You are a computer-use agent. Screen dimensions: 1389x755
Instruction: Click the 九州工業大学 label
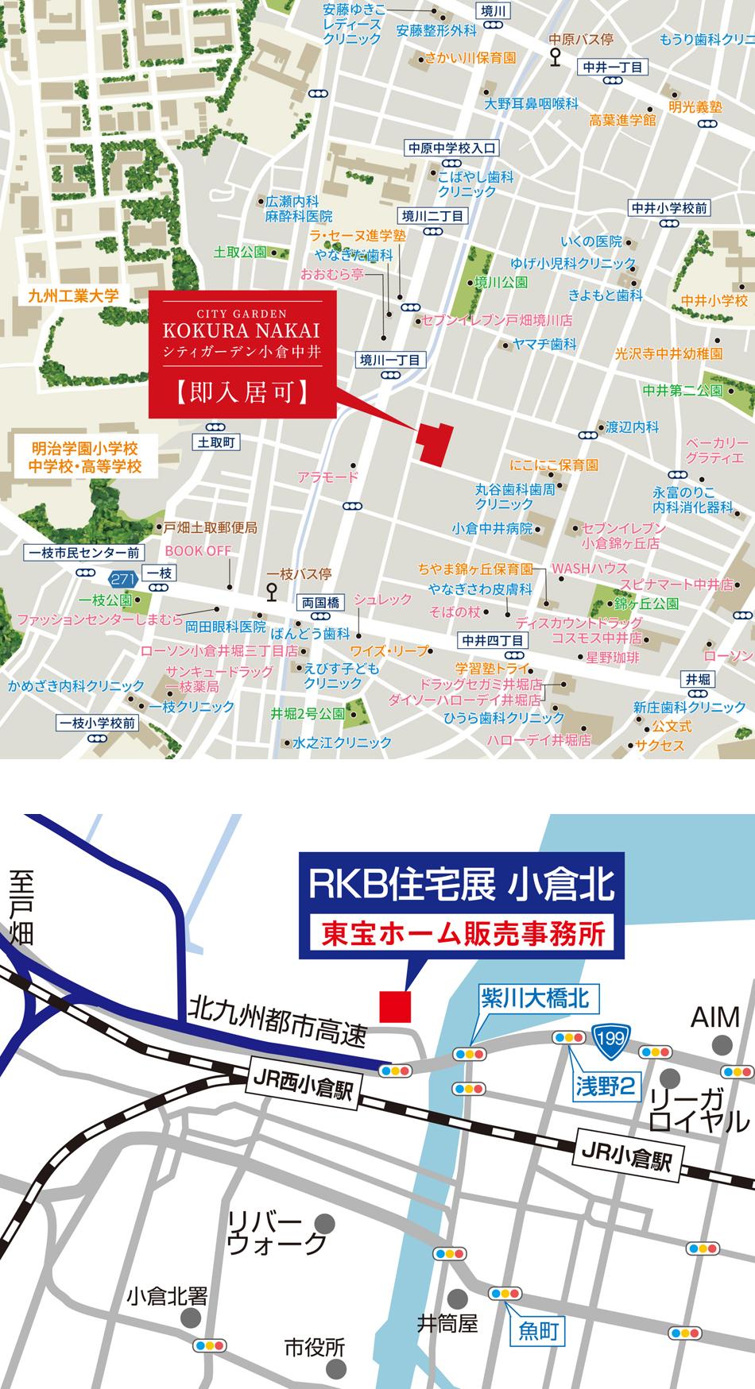(x=73, y=295)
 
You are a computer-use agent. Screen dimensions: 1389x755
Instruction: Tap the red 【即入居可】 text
(x=242, y=392)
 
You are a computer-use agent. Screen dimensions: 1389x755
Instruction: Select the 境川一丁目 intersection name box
(x=389, y=361)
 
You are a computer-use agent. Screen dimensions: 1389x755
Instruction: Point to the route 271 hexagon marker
(x=122, y=580)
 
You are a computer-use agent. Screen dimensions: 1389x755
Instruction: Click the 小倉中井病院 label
(x=492, y=528)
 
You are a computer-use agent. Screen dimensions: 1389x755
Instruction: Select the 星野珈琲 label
(x=612, y=657)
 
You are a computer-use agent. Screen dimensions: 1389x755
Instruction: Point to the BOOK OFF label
(x=198, y=550)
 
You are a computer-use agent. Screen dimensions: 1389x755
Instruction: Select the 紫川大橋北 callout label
(x=535, y=999)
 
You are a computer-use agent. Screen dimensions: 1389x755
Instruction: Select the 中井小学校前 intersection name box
(x=669, y=208)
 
